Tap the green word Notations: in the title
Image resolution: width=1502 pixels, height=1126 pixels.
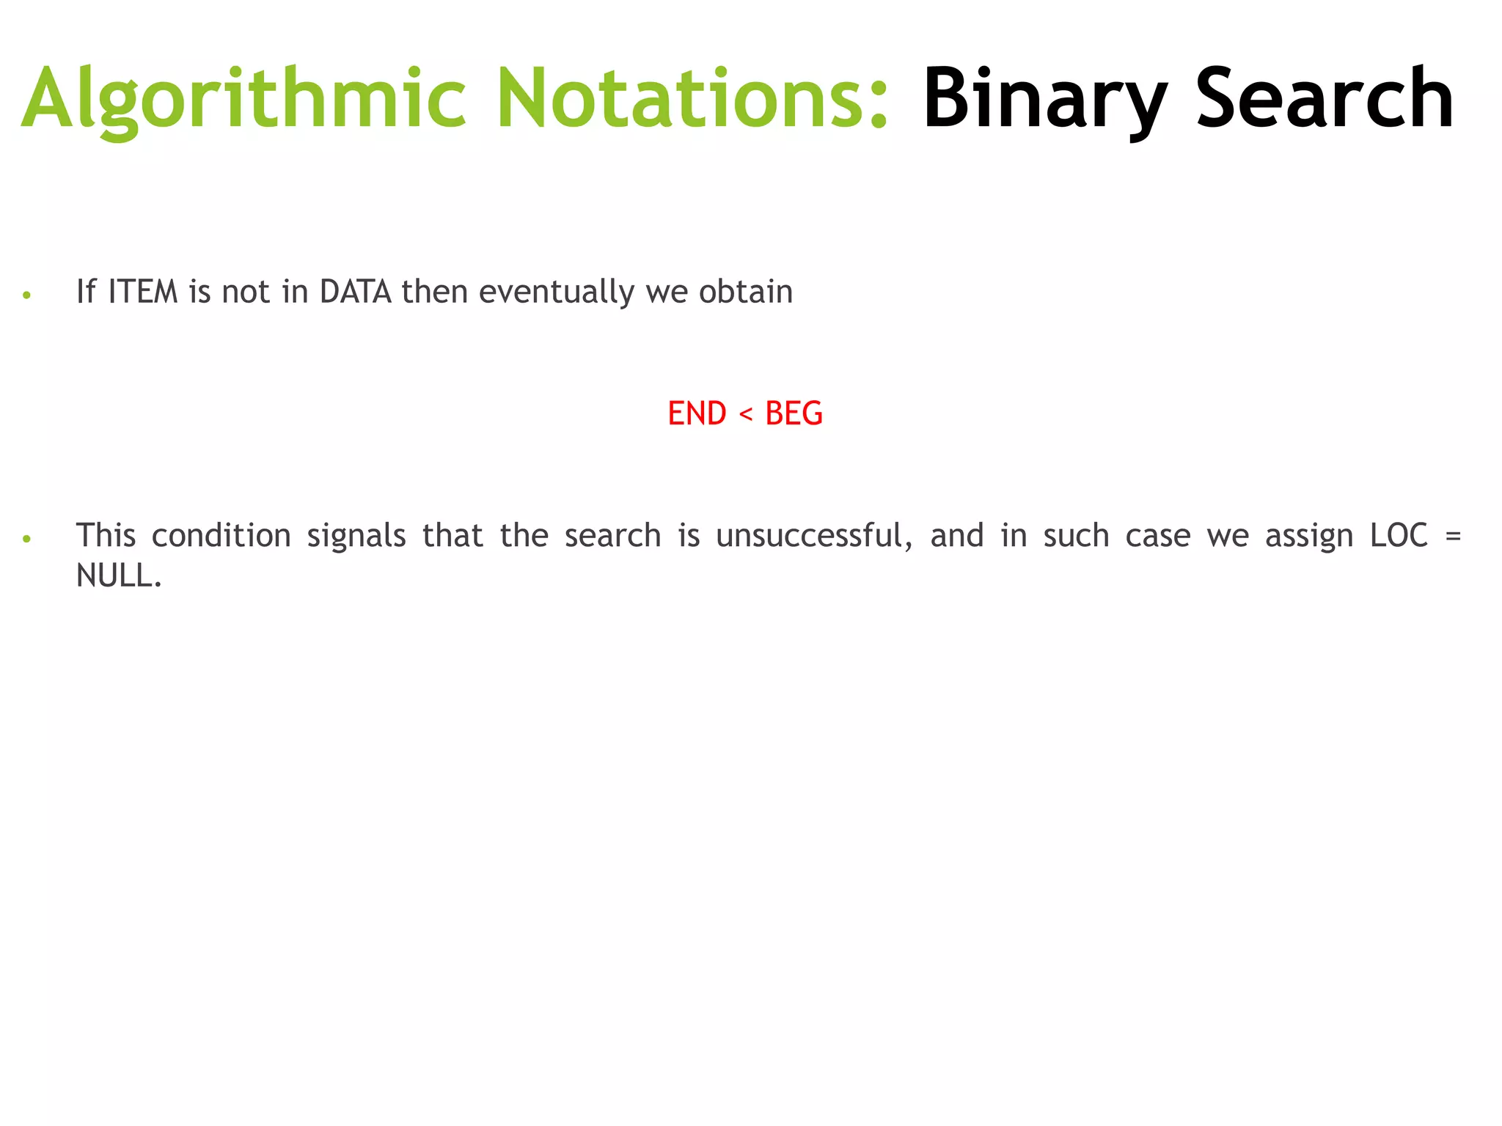pos(693,99)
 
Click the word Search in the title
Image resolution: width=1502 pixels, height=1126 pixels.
pos(1325,99)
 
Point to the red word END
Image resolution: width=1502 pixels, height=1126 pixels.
pos(697,413)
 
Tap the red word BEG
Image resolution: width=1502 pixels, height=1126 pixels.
pos(794,413)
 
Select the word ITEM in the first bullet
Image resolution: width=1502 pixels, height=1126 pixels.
pos(143,292)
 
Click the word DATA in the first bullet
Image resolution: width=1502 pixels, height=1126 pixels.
pos(356,292)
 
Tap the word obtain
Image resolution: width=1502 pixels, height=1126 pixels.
pos(746,292)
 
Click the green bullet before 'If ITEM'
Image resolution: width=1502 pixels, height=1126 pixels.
pos(27,295)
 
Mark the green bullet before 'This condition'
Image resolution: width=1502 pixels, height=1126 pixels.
pos(27,539)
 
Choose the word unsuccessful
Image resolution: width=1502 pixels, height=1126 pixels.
pos(814,536)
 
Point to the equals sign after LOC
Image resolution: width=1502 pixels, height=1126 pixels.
pos(1453,536)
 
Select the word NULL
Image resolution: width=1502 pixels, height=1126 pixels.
pos(117,576)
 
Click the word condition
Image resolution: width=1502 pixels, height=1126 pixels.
pos(221,536)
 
